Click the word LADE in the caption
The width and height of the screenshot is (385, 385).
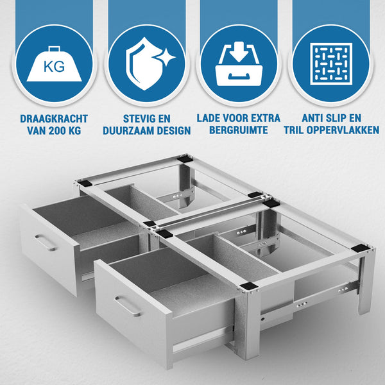pyautogui.click(x=212, y=119)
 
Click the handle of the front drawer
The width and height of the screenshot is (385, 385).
pyautogui.click(x=128, y=306)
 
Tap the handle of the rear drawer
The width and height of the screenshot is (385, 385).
pyautogui.click(x=46, y=243)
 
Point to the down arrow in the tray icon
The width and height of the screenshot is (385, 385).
pyautogui.click(x=240, y=53)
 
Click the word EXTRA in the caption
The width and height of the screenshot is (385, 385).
pyautogui.click(x=264, y=119)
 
